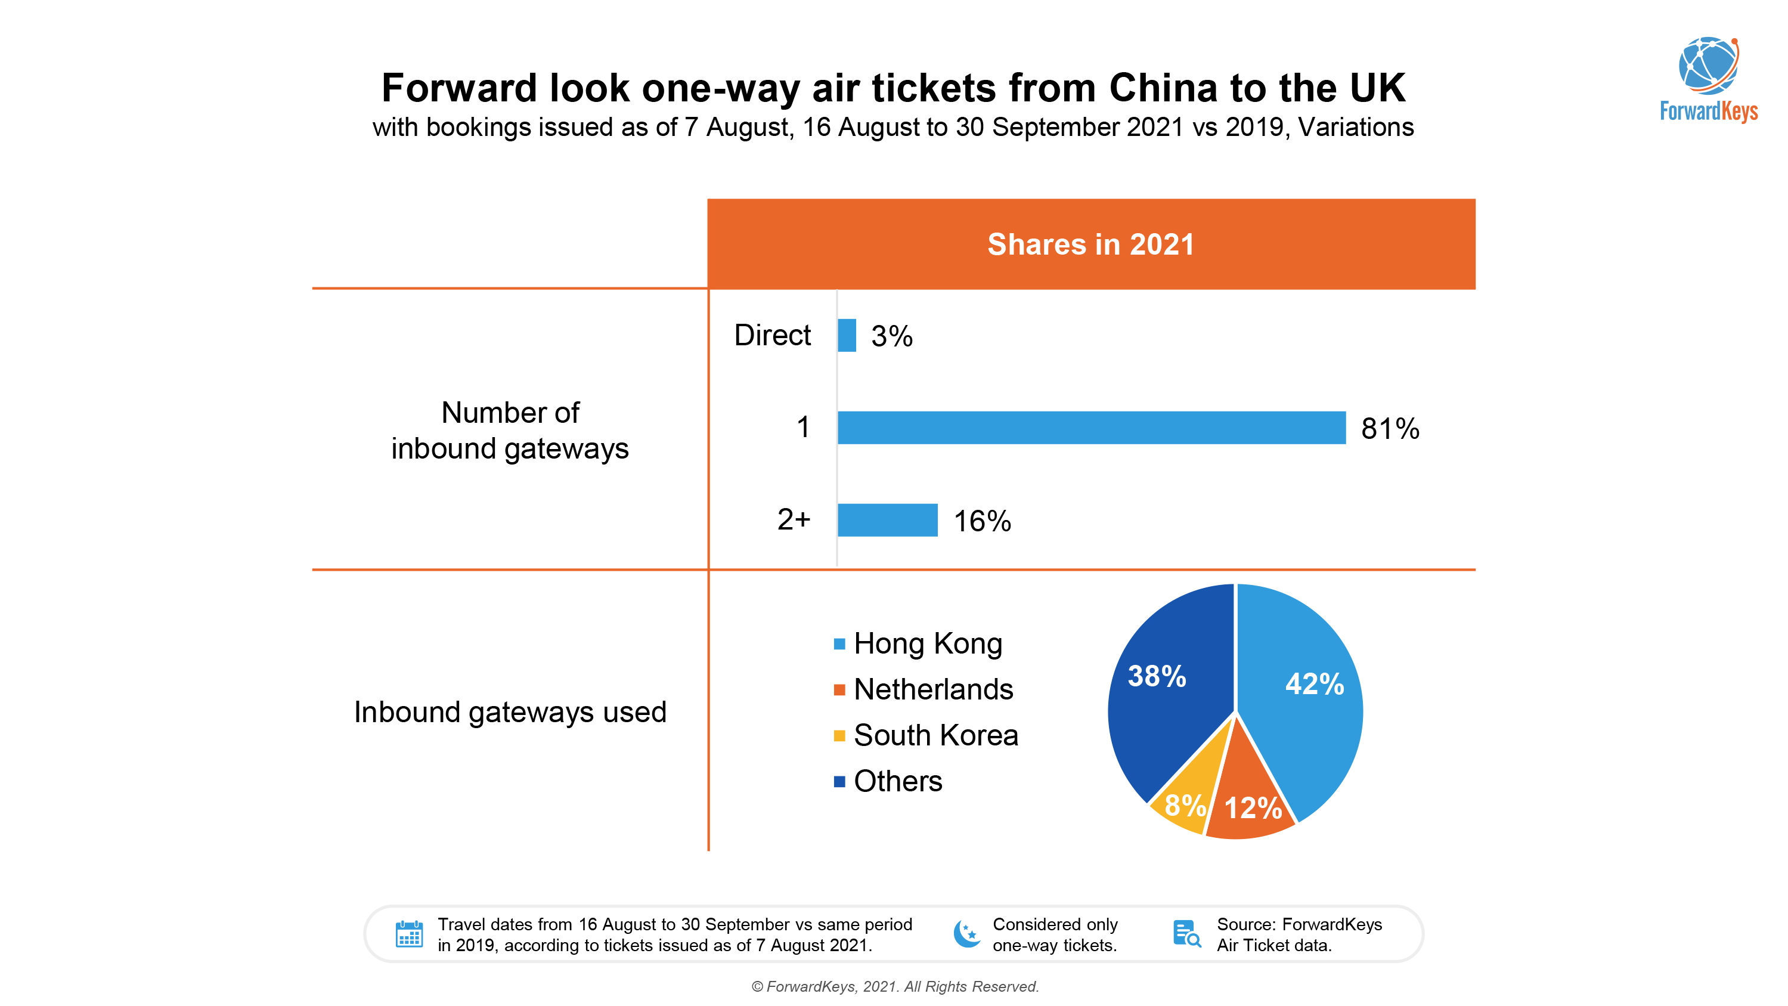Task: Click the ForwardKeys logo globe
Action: (1708, 66)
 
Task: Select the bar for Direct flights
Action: (846, 335)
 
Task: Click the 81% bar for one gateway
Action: (1090, 428)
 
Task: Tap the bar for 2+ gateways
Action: (887, 520)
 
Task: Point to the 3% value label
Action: (891, 337)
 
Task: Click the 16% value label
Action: (981, 521)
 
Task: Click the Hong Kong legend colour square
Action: (839, 644)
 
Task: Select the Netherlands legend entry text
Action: (933, 689)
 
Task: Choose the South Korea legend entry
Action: (935, 735)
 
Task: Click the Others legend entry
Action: (897, 781)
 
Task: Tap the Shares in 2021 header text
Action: (1090, 244)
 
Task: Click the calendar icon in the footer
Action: (409, 934)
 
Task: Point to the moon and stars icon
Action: (967, 934)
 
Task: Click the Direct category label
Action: (772, 335)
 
